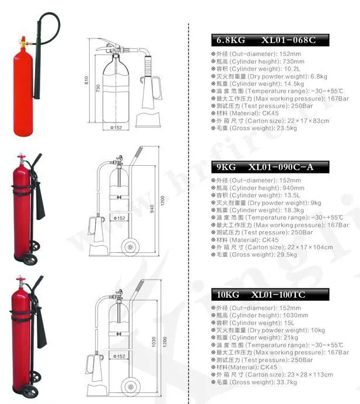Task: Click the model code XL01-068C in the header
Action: [288, 40]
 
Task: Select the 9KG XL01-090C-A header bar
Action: [270, 167]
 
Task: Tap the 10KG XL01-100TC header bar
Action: [270, 294]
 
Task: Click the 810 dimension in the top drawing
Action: [86, 81]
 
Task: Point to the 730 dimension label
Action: [98, 88]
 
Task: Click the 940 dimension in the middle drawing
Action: [152, 208]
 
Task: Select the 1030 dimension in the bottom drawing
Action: [153, 342]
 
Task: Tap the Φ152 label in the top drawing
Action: [116, 127]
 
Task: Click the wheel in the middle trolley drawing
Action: [130, 248]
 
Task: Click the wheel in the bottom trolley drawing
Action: [131, 386]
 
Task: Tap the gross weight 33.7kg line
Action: [254, 382]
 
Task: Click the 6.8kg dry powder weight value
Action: [319, 76]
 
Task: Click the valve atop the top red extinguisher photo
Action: [23, 43]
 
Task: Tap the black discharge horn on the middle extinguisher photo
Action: [40, 201]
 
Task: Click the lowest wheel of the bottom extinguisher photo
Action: [30, 392]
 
